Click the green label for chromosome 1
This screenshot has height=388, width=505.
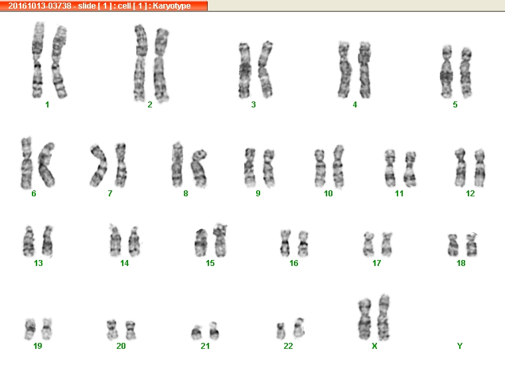coord(47,105)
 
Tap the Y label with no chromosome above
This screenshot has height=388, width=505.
coord(460,346)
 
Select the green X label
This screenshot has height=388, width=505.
coord(374,346)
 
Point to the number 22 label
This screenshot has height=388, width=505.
coord(288,346)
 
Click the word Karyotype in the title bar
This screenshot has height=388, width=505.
coord(172,6)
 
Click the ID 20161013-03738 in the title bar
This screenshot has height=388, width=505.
coord(40,6)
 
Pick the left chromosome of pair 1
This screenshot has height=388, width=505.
coord(38,60)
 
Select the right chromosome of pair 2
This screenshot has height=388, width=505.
coord(161,65)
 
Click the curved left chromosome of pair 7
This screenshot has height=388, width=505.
coord(100,166)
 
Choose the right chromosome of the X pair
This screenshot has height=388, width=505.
coord(384,318)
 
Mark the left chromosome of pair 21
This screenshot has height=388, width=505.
coord(196,332)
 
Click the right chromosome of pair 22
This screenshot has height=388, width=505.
coord(299,328)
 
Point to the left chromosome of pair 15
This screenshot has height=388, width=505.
coord(201,243)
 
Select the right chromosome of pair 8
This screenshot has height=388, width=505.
coord(199,168)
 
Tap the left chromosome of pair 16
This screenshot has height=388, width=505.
coord(285,243)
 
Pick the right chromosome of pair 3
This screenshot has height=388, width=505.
coord(265,70)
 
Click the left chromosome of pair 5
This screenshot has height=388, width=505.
coord(447,72)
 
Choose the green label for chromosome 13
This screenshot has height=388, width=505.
coord(38,263)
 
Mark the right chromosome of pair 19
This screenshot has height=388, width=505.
coord(47,329)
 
